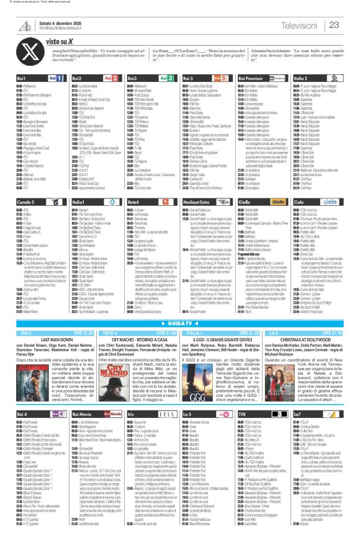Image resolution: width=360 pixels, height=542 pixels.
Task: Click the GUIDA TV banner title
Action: click(x=179, y=324)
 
